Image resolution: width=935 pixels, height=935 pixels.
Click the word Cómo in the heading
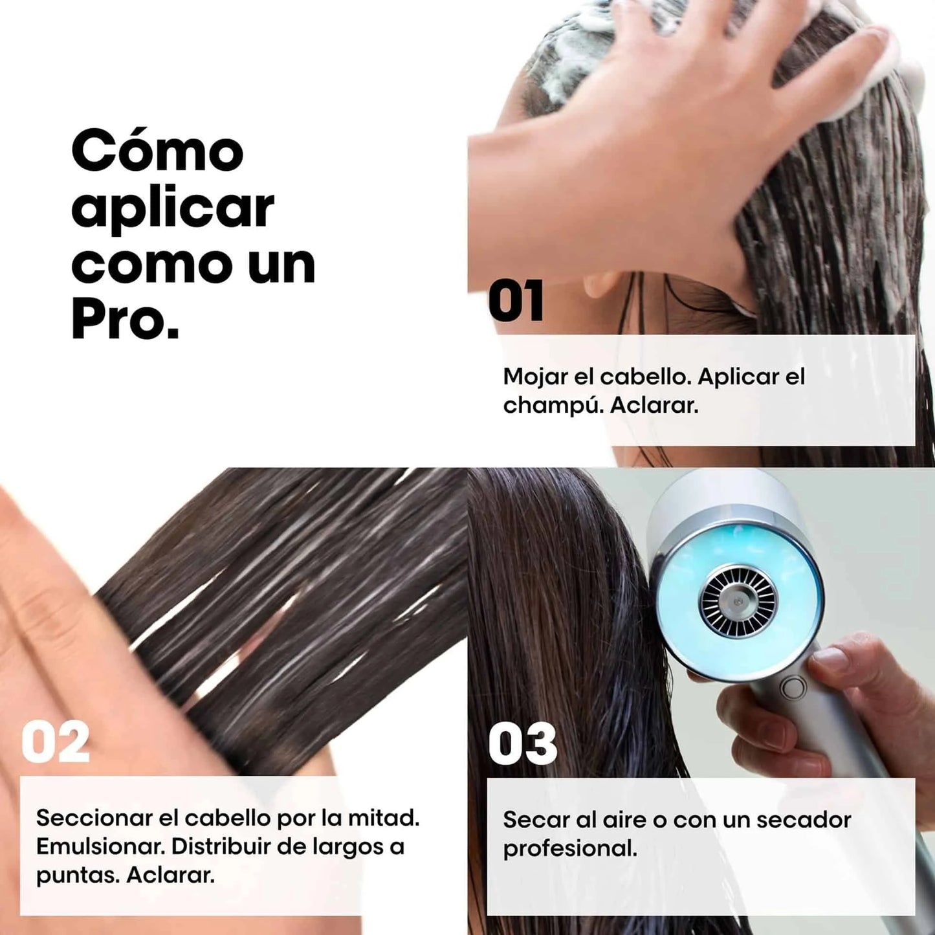(157, 151)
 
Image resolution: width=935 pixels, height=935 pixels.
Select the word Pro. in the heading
(125, 320)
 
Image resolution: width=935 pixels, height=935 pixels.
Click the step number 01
(516, 302)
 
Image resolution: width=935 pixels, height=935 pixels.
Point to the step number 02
(56, 743)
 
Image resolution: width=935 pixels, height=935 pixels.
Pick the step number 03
(522, 744)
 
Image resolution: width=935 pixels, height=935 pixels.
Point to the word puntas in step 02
(77, 875)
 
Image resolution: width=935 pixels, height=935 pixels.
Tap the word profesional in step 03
(569, 848)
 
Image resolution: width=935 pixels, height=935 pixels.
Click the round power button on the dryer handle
(793, 687)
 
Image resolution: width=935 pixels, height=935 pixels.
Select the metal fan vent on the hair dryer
(738, 600)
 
